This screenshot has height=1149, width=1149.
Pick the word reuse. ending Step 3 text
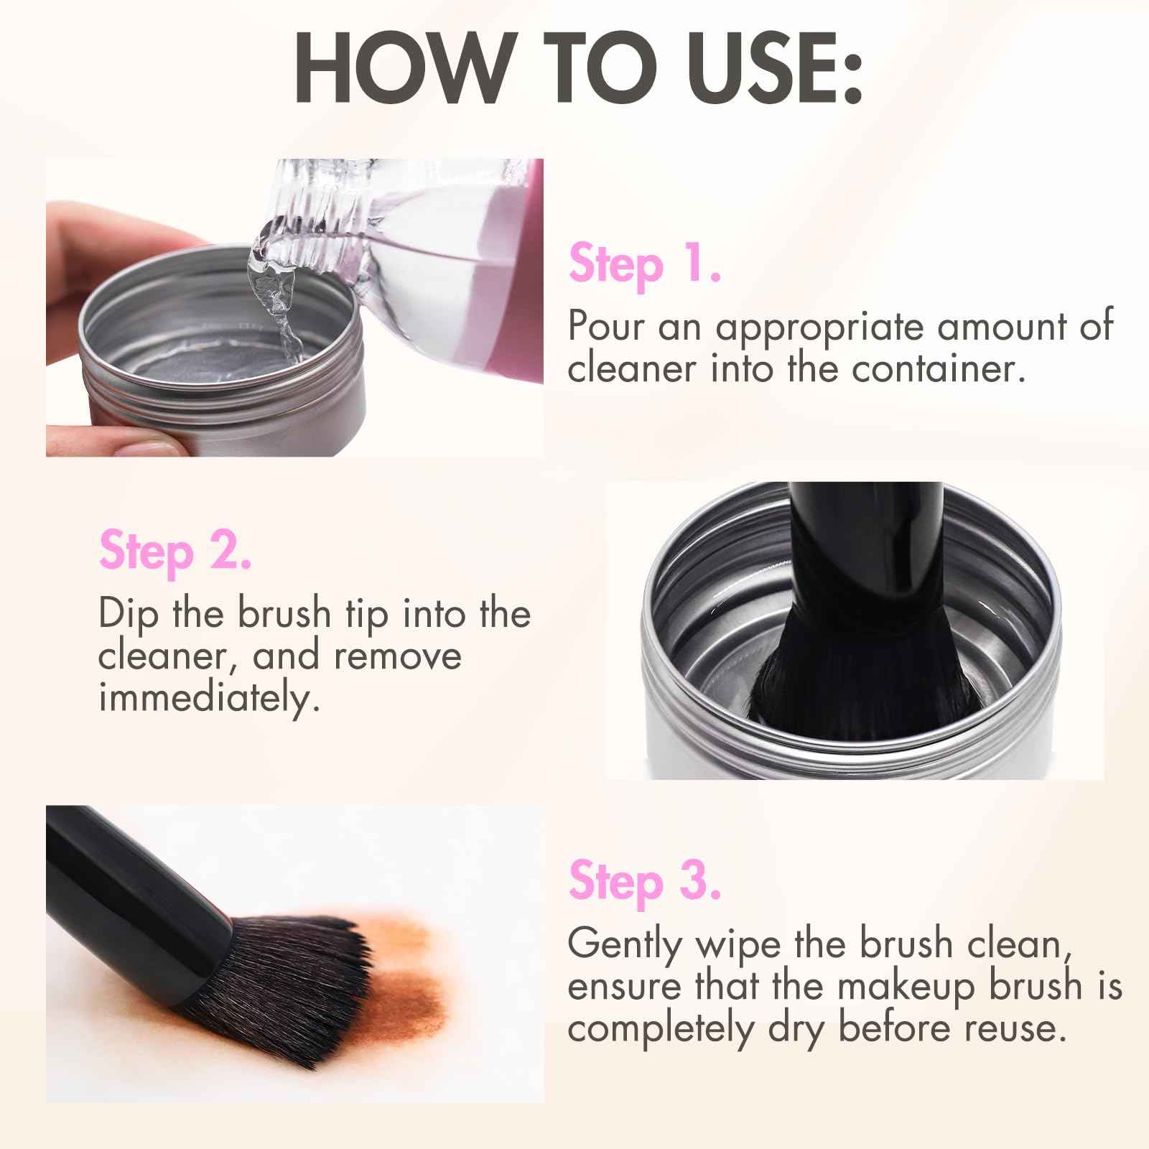pyautogui.click(x=1013, y=1028)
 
